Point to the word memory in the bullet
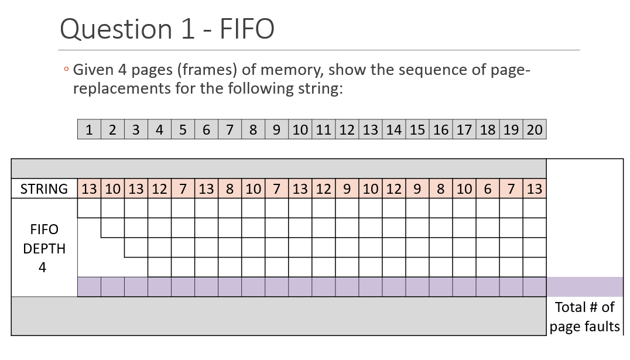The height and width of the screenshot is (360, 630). (x=292, y=70)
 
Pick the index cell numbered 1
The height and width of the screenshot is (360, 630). (x=89, y=130)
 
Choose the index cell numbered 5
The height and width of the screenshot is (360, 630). (x=183, y=130)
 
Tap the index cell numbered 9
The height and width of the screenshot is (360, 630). (x=276, y=130)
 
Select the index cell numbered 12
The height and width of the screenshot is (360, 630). (x=347, y=130)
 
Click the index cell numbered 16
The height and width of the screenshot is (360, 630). (x=441, y=130)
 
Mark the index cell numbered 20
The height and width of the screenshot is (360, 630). (x=535, y=130)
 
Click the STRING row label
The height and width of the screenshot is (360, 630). (x=44, y=189)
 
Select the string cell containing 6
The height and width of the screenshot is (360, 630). (x=488, y=189)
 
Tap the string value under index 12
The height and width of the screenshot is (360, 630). (x=347, y=189)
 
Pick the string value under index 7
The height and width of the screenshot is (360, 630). (x=230, y=189)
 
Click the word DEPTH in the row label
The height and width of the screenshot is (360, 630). (x=44, y=248)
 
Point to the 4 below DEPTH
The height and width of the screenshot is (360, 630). (x=43, y=268)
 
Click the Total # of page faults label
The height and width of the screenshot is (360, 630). (x=584, y=317)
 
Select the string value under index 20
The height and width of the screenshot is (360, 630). (x=535, y=189)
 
